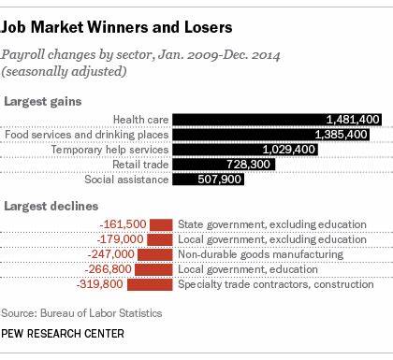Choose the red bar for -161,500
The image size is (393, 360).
coord(161,224)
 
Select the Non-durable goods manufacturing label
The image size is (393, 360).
coord(259,254)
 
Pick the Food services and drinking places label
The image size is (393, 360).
coord(87,135)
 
